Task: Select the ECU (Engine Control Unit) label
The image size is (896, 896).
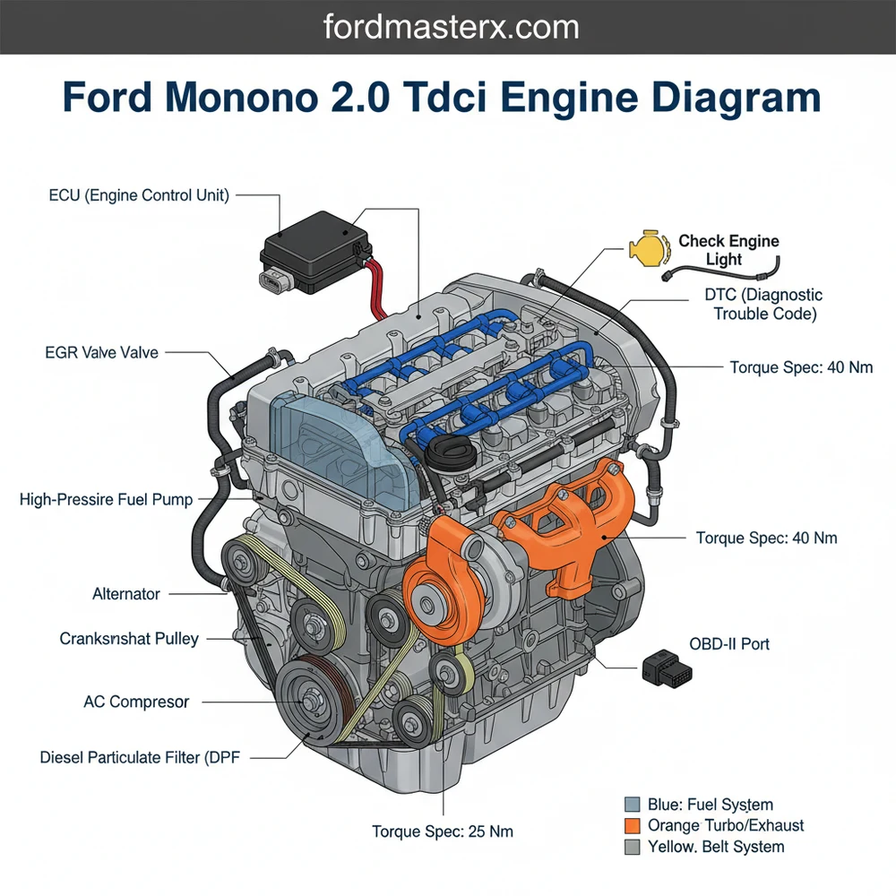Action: tap(139, 194)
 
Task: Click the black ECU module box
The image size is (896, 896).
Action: tap(314, 251)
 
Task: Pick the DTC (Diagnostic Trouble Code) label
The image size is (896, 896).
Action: tap(765, 305)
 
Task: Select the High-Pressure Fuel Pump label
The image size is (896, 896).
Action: tap(106, 499)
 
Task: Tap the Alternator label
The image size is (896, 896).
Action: tap(126, 593)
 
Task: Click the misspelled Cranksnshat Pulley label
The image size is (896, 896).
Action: tap(129, 639)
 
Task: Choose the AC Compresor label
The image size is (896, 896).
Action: tap(136, 702)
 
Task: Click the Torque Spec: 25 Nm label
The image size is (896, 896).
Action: tap(443, 831)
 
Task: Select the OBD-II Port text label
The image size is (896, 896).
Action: tap(729, 643)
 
